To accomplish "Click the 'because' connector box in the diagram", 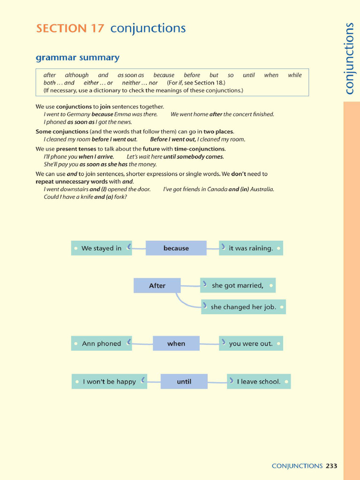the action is pos(176,248).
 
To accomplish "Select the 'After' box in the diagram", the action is pos(157,285).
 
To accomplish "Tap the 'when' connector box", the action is pos(176,344).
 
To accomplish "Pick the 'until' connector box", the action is pos(184,382).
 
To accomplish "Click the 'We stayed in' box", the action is pos(101,248).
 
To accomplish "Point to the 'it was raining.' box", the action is pos(251,248).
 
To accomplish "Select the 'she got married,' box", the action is pos(238,285).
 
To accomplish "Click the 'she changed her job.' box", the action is pos(243,307).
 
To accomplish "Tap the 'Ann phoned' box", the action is pos(101,344).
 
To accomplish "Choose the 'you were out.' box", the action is pos(251,344).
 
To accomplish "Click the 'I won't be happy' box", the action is pos(109,382).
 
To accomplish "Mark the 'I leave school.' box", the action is pos(259,382).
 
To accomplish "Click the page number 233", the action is pos(331,466).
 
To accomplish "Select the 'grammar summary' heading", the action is pos(78,58).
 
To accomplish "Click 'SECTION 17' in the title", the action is pos(70,29).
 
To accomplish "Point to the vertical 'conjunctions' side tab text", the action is pos(349,59).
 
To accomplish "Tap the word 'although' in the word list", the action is pos(77,75).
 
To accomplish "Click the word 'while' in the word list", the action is pos(295,75).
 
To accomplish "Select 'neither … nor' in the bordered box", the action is pos(140,82).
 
